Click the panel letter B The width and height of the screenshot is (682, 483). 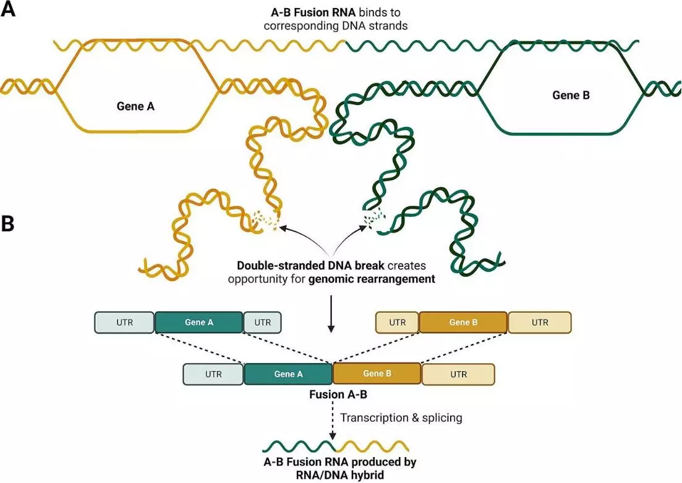click(x=8, y=224)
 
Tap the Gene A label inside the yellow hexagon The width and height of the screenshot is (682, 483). click(x=135, y=106)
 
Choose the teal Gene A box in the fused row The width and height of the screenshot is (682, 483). click(x=288, y=374)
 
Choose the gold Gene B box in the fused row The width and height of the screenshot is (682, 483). click(x=377, y=374)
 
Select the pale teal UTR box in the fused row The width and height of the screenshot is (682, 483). click(x=213, y=374)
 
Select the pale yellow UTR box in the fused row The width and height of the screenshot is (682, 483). click(x=458, y=374)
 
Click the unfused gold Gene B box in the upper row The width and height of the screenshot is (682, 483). click(x=463, y=322)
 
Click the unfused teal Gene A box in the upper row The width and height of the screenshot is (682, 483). click(x=198, y=322)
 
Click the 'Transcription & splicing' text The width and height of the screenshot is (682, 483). click(x=401, y=418)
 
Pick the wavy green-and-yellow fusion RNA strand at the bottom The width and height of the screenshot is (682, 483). click(x=335, y=446)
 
